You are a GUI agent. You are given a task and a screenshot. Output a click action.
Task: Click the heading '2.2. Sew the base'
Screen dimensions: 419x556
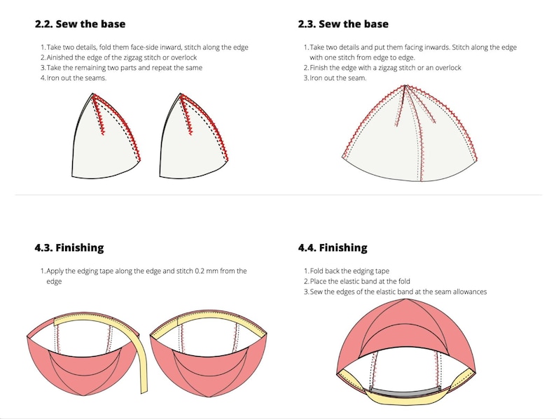coord(81,24)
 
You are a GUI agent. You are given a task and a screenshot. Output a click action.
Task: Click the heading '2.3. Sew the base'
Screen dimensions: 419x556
coord(343,24)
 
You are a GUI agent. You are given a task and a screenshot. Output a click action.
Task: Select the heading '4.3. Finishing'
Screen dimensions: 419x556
coord(69,248)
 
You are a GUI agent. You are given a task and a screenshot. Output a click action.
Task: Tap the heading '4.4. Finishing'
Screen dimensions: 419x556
coord(332,248)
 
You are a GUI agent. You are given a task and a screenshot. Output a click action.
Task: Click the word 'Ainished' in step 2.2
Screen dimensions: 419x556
coord(62,57)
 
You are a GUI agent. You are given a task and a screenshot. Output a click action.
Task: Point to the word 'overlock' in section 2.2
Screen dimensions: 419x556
coord(181,57)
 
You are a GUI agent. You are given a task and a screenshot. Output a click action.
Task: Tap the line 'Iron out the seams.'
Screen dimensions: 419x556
coord(77,78)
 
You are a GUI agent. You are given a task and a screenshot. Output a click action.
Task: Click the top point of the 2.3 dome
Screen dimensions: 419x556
coord(404,86)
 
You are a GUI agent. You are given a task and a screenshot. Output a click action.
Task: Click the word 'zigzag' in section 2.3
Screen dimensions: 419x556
coord(389,68)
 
